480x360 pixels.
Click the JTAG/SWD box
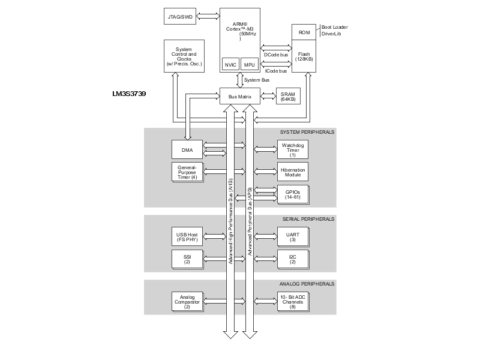coord(180,17)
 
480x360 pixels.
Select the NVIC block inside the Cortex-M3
coord(230,65)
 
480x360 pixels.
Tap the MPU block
coord(250,65)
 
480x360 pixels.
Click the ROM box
coord(304,32)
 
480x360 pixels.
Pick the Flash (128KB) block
coord(304,56)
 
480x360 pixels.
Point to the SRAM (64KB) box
coord(288,97)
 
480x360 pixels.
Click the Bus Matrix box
coord(240,97)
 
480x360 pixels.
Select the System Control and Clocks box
coord(184,56)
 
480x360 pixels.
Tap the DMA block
coord(187,149)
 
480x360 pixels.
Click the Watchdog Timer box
coord(293,149)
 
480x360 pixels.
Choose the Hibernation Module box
coord(293,172)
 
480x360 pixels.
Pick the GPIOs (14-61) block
coord(293,194)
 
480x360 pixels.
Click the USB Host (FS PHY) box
coord(187,236)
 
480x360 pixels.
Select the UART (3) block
coord(293,237)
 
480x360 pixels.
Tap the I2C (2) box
coord(293,260)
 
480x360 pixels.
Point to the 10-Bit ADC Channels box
coord(293,302)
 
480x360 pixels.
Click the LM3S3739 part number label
coord(129,94)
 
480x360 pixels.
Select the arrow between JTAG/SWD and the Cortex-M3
coord(208,16)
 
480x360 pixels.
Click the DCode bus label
coord(276,55)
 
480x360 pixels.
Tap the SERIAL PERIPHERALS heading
coord(308,219)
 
